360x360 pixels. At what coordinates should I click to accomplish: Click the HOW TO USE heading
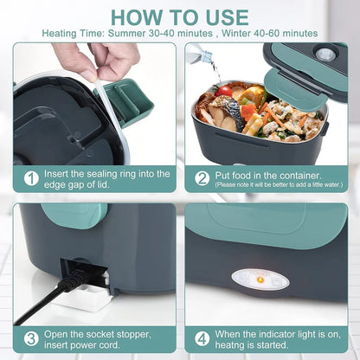coord(180,16)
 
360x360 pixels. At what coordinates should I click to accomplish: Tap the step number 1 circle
coord(31,178)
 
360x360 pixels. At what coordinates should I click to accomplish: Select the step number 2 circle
coord(202,177)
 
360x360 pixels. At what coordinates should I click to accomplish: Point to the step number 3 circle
coord(31,338)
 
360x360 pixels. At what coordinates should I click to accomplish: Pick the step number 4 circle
coord(202,338)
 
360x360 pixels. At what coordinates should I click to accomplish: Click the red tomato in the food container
coord(226,91)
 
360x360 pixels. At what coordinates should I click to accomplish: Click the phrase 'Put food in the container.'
coord(263,173)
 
